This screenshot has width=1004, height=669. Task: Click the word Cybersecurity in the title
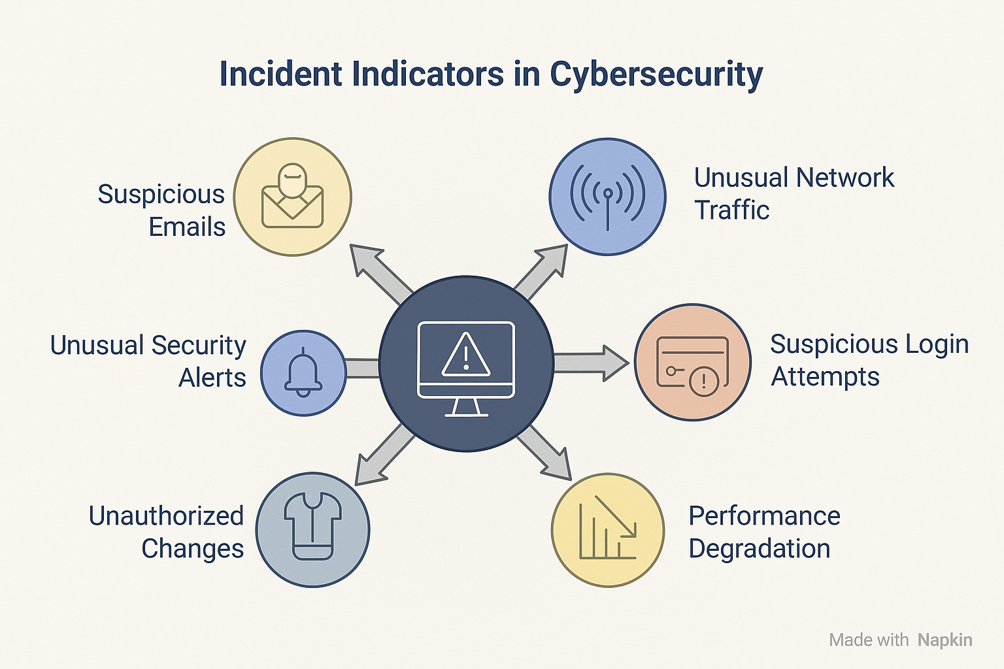pyautogui.click(x=656, y=75)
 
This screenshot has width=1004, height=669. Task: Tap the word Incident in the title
pyautogui.click(x=281, y=73)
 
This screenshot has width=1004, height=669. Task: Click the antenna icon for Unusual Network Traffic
pyautogui.click(x=607, y=197)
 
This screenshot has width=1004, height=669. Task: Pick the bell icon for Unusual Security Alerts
pyautogui.click(x=303, y=372)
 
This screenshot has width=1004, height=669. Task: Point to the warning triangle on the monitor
pyautogui.click(x=465, y=355)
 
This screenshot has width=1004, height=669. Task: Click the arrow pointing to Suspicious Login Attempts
pyautogui.click(x=591, y=363)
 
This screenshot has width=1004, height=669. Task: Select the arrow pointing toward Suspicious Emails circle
pyautogui.click(x=380, y=274)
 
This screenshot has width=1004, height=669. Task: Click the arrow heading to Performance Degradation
pyautogui.click(x=544, y=453)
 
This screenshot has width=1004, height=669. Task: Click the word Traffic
pyautogui.click(x=731, y=210)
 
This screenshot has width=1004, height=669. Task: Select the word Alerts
pyautogui.click(x=212, y=378)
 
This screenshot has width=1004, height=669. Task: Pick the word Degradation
pyautogui.click(x=760, y=549)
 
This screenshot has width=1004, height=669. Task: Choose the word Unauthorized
pyautogui.click(x=166, y=515)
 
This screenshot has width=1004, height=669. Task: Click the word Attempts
pyautogui.click(x=825, y=376)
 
